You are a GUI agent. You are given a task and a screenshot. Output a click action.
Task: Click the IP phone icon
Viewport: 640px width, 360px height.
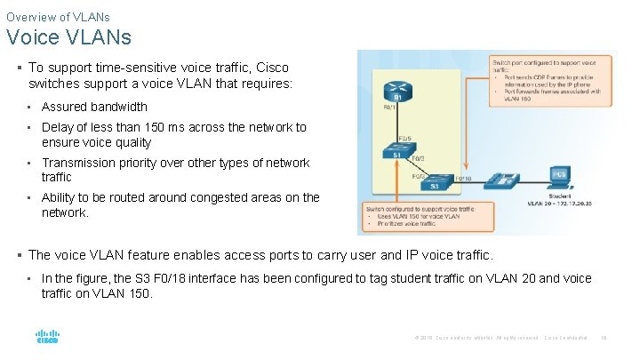click(x=506, y=180)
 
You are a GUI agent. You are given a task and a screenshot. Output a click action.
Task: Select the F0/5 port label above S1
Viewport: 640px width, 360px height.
click(x=404, y=138)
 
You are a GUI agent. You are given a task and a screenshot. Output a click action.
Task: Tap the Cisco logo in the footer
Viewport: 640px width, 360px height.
click(x=47, y=337)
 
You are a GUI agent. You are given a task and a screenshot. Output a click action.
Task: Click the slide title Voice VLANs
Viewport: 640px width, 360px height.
click(x=68, y=37)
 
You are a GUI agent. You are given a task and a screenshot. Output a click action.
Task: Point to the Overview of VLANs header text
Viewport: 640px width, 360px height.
click(x=57, y=15)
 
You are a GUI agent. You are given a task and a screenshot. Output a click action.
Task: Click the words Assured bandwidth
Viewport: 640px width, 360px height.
click(x=94, y=107)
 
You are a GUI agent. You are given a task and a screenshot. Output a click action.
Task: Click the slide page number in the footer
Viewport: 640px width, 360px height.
click(x=604, y=338)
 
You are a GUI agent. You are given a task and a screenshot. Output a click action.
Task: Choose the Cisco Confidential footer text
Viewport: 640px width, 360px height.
click(x=566, y=338)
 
